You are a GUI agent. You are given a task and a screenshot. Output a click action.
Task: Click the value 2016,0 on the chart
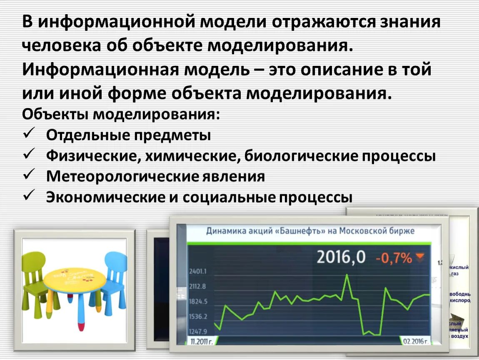tap(341, 257)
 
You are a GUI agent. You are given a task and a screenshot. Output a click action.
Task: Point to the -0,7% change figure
tap(394, 258)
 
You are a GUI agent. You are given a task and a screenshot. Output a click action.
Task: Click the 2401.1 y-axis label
tap(198, 272)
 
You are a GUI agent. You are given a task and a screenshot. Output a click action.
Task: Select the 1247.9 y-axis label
tap(198, 332)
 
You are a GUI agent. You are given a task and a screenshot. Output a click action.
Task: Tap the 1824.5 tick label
tap(198, 302)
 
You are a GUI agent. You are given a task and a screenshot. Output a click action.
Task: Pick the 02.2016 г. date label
tap(415, 341)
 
